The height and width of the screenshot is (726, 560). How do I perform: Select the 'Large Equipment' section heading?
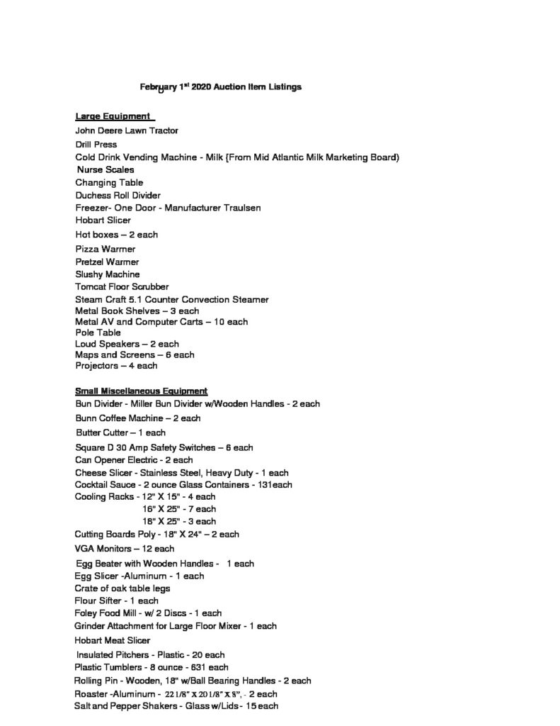point(113,116)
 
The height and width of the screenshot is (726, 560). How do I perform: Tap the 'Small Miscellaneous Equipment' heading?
point(141,391)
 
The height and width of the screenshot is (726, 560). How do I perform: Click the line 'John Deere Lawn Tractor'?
point(127,131)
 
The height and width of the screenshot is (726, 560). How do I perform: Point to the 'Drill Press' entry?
point(96,145)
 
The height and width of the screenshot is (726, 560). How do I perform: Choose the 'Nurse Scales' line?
point(105,170)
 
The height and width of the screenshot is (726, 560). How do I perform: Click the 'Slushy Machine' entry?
point(108,274)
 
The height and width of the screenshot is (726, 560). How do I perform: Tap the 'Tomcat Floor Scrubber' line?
point(122,287)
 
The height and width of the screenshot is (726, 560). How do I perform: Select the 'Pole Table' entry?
point(98,333)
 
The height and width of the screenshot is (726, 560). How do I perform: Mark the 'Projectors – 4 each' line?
point(116,366)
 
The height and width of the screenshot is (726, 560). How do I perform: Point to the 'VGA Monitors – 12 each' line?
point(125,549)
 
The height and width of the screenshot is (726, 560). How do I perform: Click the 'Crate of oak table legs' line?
point(122,588)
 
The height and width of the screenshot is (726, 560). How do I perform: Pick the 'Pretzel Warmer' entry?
point(107,262)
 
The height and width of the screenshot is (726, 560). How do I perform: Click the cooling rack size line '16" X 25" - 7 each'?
point(179,509)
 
